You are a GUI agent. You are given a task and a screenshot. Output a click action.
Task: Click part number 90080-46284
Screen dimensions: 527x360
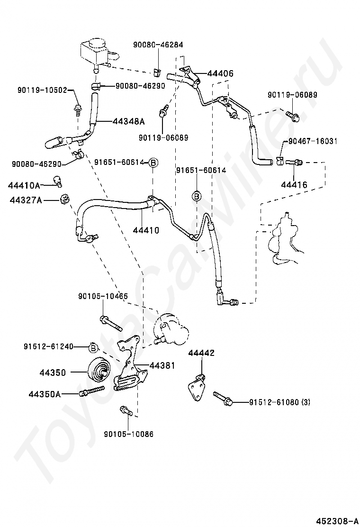[158, 45]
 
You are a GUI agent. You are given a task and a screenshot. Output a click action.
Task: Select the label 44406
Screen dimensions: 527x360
[220, 74]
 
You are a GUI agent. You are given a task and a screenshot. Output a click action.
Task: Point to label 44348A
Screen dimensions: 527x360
[128, 121]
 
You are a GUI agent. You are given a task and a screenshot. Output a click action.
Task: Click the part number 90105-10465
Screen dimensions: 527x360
[103, 296]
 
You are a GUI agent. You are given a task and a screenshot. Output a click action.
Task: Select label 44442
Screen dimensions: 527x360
[201, 353]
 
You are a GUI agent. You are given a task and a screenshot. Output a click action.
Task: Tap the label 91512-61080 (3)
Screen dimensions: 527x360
[280, 402]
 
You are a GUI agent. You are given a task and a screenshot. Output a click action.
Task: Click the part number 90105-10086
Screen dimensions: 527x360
[129, 433]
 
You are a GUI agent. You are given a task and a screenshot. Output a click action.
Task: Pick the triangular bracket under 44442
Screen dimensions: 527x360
[197, 388]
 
